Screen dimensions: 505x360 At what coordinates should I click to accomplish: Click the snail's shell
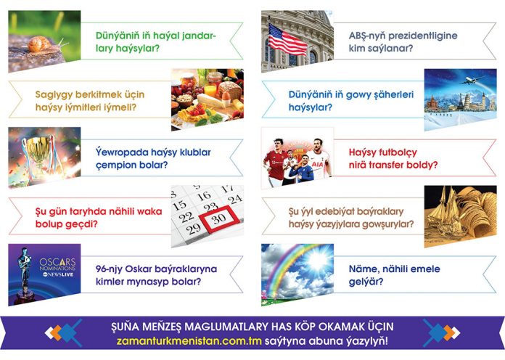(40, 44)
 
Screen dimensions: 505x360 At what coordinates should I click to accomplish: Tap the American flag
(287, 39)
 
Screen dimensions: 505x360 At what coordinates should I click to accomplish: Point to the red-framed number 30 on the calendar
(219, 219)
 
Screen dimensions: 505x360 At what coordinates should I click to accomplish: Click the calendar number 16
(204, 196)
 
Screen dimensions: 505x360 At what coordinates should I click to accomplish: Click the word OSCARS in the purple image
(57, 262)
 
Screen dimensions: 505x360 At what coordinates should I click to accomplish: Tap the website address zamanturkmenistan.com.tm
(189, 341)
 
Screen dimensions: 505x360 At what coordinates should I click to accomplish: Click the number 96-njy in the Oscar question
(109, 269)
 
